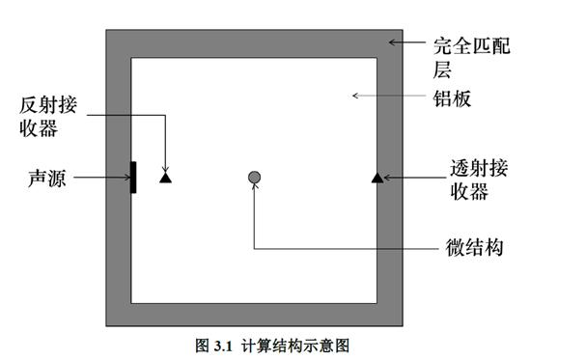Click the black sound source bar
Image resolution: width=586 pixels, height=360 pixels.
133,177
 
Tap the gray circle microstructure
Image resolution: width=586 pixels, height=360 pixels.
254,177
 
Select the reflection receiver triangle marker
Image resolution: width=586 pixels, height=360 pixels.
165,177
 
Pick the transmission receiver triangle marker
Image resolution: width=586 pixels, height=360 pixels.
377,177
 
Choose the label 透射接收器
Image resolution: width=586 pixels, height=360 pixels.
479,178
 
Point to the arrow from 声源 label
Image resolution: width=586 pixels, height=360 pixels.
102,178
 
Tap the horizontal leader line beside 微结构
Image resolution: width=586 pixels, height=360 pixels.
338,249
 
